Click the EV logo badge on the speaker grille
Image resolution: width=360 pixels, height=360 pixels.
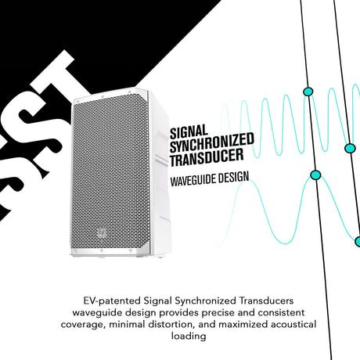tap(102, 232)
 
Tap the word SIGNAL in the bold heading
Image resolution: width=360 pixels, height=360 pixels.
tap(189, 132)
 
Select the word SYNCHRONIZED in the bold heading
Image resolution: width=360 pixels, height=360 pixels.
tap(212, 143)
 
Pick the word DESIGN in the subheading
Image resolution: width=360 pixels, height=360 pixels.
tap(233, 178)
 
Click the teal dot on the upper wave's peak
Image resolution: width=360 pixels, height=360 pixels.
tap(308, 92)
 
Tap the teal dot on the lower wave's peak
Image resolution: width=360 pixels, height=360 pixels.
tap(315, 175)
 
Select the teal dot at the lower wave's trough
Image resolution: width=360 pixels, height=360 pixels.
tap(358, 242)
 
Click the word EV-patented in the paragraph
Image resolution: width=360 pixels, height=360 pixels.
tap(112, 301)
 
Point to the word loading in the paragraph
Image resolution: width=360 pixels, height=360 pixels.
tap(189, 336)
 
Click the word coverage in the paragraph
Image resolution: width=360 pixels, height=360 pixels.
tap(83, 325)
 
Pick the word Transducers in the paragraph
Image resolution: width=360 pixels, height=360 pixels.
tap(266, 301)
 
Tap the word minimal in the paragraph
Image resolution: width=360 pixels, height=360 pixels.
tap(127, 324)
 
